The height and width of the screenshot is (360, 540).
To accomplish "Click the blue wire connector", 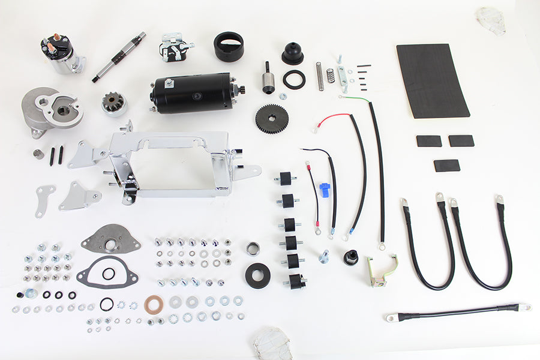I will coord(325,190).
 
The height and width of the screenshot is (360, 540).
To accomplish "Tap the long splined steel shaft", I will coord(118,57).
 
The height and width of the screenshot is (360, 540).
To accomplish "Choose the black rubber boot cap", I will coord(293,53).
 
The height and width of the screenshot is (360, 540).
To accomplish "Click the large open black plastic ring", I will coord(229,46).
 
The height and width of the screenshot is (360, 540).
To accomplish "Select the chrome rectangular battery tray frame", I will coord(174,162).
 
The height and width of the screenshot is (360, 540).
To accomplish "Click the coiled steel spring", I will coord(320,76).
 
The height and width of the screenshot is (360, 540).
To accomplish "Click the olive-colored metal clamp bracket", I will coord(382,271).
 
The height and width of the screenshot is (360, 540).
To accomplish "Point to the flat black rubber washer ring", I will coord(294,79).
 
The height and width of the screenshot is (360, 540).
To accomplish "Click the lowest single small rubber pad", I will coord(446,165).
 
